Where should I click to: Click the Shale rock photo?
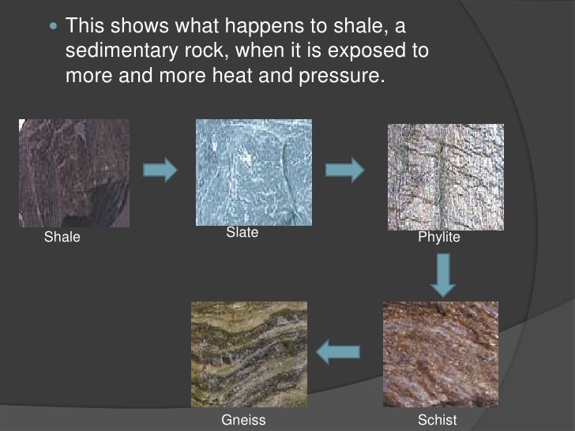pyautogui.click(x=74, y=173)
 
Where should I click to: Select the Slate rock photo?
pyautogui.click(x=253, y=172)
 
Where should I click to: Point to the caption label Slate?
pyautogui.click(x=242, y=233)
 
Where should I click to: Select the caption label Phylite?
pyautogui.click(x=439, y=237)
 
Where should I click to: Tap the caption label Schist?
pyautogui.click(x=438, y=420)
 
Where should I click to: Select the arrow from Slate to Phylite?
pyautogui.click(x=344, y=168)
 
